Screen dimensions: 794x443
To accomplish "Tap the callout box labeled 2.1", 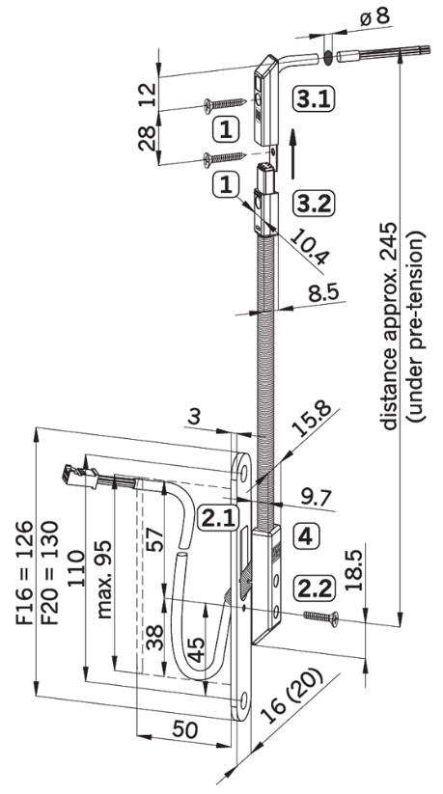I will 218,518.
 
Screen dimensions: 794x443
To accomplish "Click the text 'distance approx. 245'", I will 391,328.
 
